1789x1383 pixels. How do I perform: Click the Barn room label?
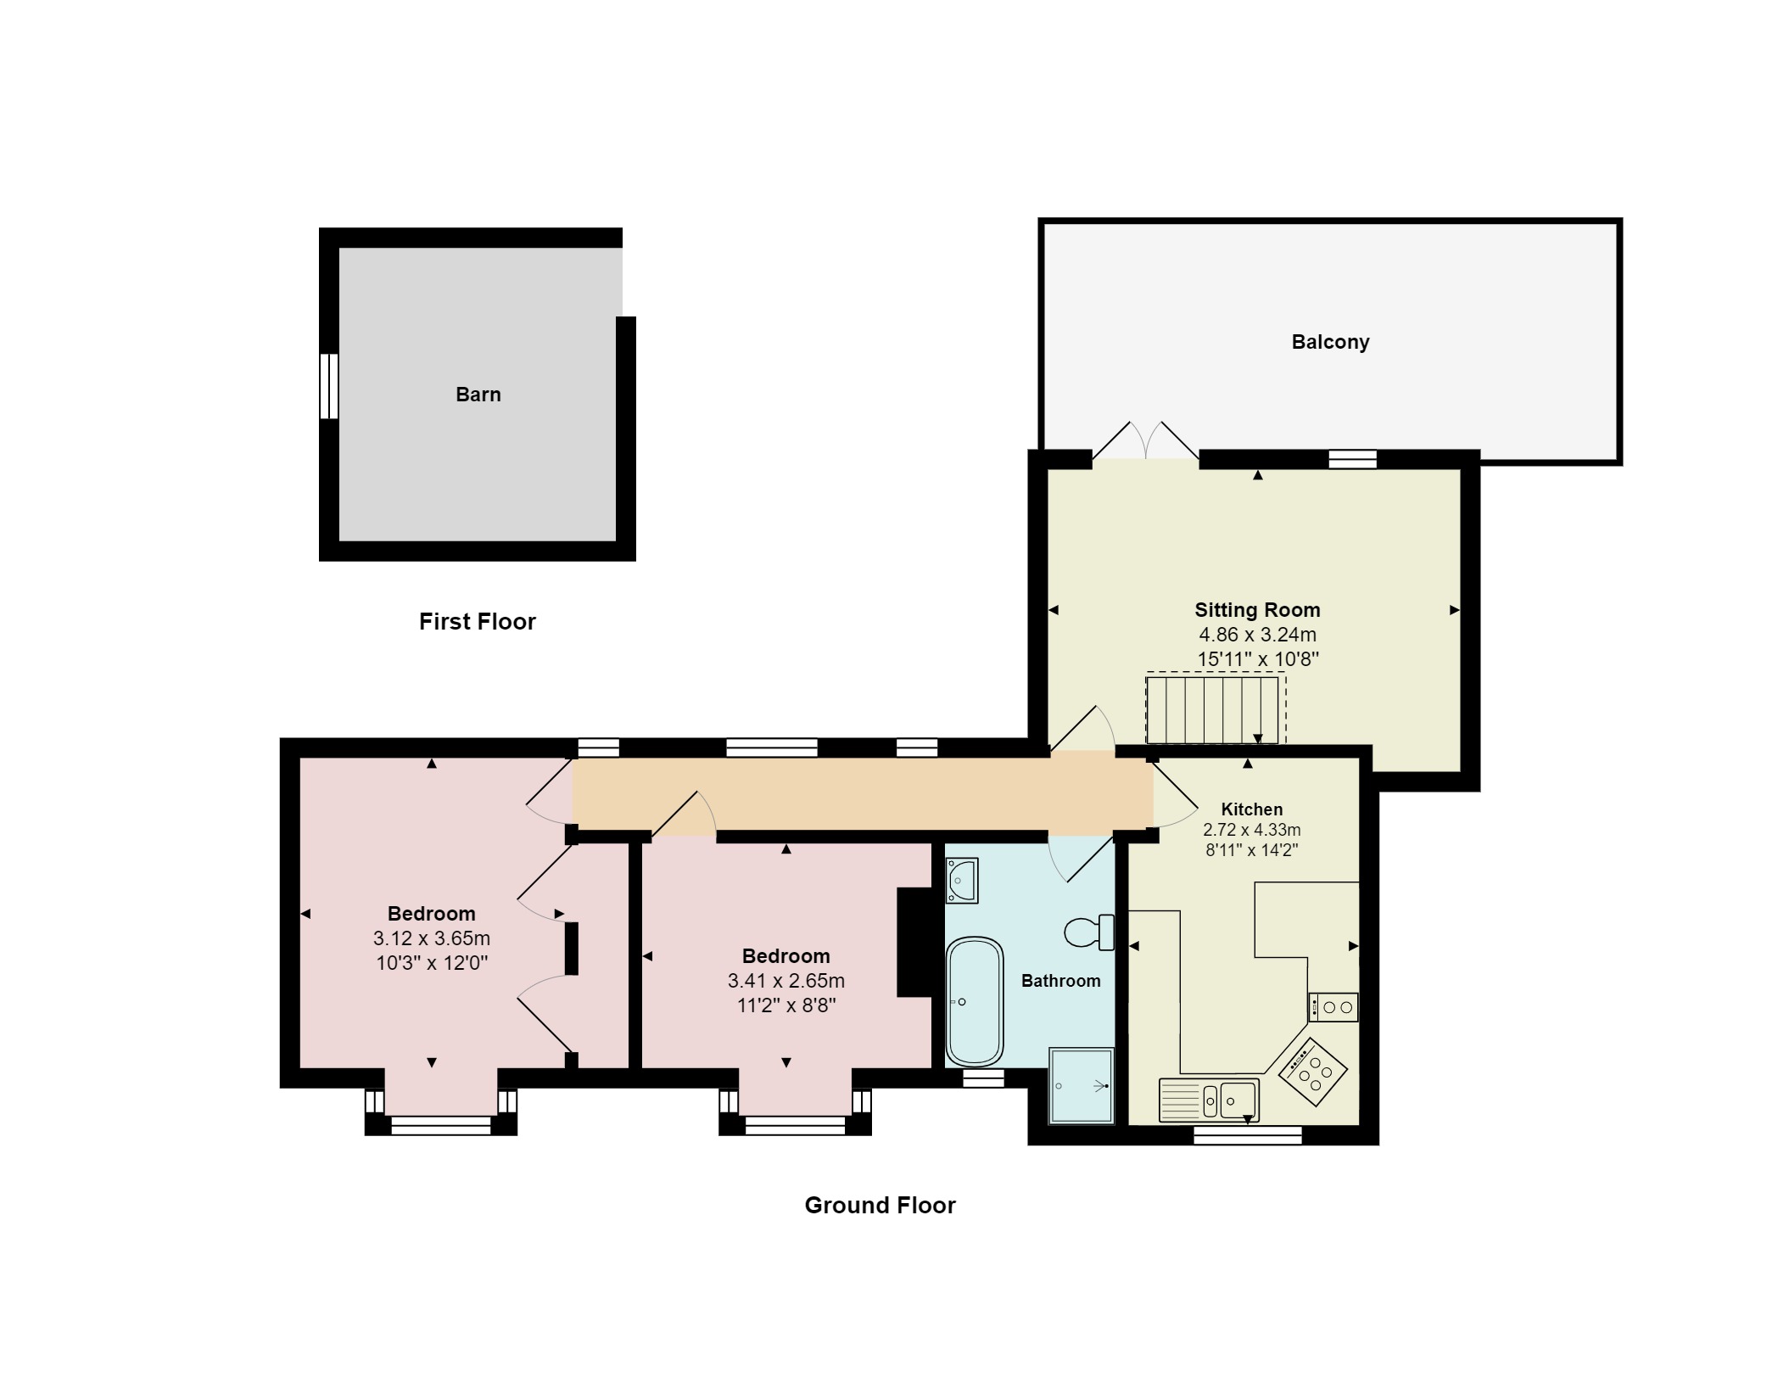tap(478, 395)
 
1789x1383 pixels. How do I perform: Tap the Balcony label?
tap(1329, 342)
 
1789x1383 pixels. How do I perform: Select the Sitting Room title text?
tap(1256, 609)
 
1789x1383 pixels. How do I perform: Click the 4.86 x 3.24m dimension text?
tap(1256, 634)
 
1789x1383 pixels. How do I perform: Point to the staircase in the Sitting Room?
tap(1212, 708)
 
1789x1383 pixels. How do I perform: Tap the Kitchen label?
tap(1251, 809)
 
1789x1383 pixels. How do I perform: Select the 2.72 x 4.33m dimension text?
tap(1251, 830)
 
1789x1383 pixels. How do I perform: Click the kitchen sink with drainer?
tap(1209, 1100)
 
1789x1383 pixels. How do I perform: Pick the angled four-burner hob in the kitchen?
tap(1312, 1072)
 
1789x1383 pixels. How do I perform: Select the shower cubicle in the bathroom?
tap(1081, 1086)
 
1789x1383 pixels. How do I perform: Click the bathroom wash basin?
tap(962, 880)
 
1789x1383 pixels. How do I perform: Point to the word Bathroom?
tap(1060, 981)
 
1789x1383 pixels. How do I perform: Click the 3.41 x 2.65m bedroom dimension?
tap(785, 981)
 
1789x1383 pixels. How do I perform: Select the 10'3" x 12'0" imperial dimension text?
tap(431, 963)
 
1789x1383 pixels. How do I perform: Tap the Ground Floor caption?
tap(880, 1205)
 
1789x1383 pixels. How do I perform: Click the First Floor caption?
tap(477, 621)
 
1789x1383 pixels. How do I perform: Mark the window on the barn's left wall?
tap(328, 386)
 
